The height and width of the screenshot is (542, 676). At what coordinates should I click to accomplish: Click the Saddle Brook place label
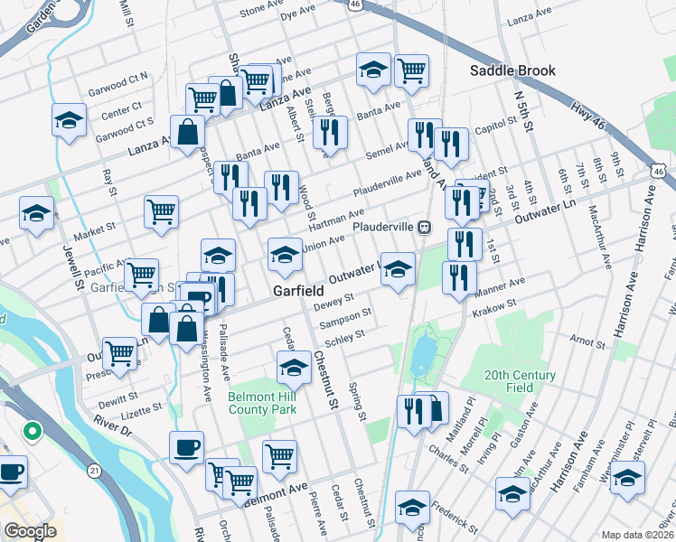click(512, 70)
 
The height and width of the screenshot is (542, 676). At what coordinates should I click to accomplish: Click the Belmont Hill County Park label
click(262, 403)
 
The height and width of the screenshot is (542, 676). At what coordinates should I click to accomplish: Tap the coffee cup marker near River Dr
click(186, 448)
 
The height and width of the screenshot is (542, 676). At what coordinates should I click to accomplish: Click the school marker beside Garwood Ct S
click(69, 122)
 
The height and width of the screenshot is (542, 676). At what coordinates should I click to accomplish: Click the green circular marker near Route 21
click(33, 432)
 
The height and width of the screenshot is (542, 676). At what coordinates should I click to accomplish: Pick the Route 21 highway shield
click(95, 471)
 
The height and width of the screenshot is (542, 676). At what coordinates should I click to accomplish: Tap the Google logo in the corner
click(30, 530)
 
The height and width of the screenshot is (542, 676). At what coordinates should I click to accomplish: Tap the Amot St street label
click(587, 344)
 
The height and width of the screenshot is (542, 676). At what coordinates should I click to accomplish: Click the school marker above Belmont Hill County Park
click(294, 367)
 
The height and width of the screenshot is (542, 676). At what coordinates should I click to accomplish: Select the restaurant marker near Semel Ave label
click(421, 135)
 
